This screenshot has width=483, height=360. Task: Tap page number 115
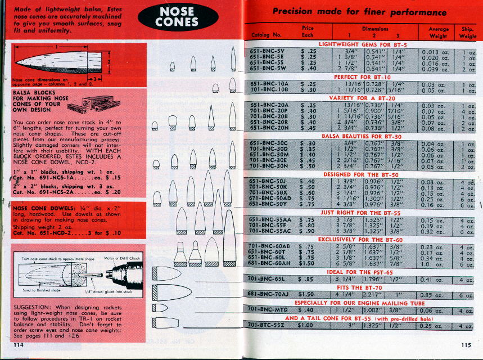(x=465, y=345)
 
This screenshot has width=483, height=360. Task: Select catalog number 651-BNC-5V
(x=268, y=50)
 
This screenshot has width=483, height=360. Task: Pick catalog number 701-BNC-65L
(x=268, y=279)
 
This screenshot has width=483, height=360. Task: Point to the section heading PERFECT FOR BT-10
(x=362, y=76)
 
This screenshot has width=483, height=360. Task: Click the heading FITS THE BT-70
(x=363, y=287)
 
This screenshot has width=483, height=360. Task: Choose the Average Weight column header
(x=438, y=32)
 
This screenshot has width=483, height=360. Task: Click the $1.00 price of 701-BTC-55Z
(x=305, y=325)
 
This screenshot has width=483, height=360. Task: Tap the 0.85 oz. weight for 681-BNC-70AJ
(x=434, y=295)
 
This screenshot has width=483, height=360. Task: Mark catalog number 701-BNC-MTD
(x=268, y=309)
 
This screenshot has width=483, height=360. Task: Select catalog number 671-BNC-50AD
(x=269, y=199)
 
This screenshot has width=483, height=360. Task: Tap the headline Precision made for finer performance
(x=359, y=12)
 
